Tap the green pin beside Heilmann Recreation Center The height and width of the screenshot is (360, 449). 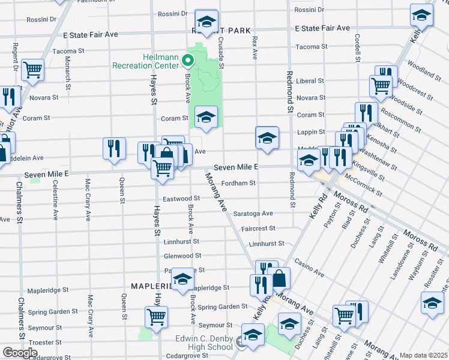coord(187,60)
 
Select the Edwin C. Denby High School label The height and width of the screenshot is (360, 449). coord(204,343)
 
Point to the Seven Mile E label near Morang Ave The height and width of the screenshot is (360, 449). coord(235,166)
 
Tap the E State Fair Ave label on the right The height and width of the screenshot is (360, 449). coord(322,28)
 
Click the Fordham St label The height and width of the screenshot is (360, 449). coord(239,183)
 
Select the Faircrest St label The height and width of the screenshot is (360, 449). coord(258,228)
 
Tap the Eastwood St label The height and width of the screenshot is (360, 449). coord(181,198)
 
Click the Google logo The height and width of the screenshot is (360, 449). coord(20,353)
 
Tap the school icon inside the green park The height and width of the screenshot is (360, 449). coord(206,117)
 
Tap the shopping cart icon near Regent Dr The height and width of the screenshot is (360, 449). coord(32,70)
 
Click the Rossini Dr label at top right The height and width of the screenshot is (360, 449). coord(309,10)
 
